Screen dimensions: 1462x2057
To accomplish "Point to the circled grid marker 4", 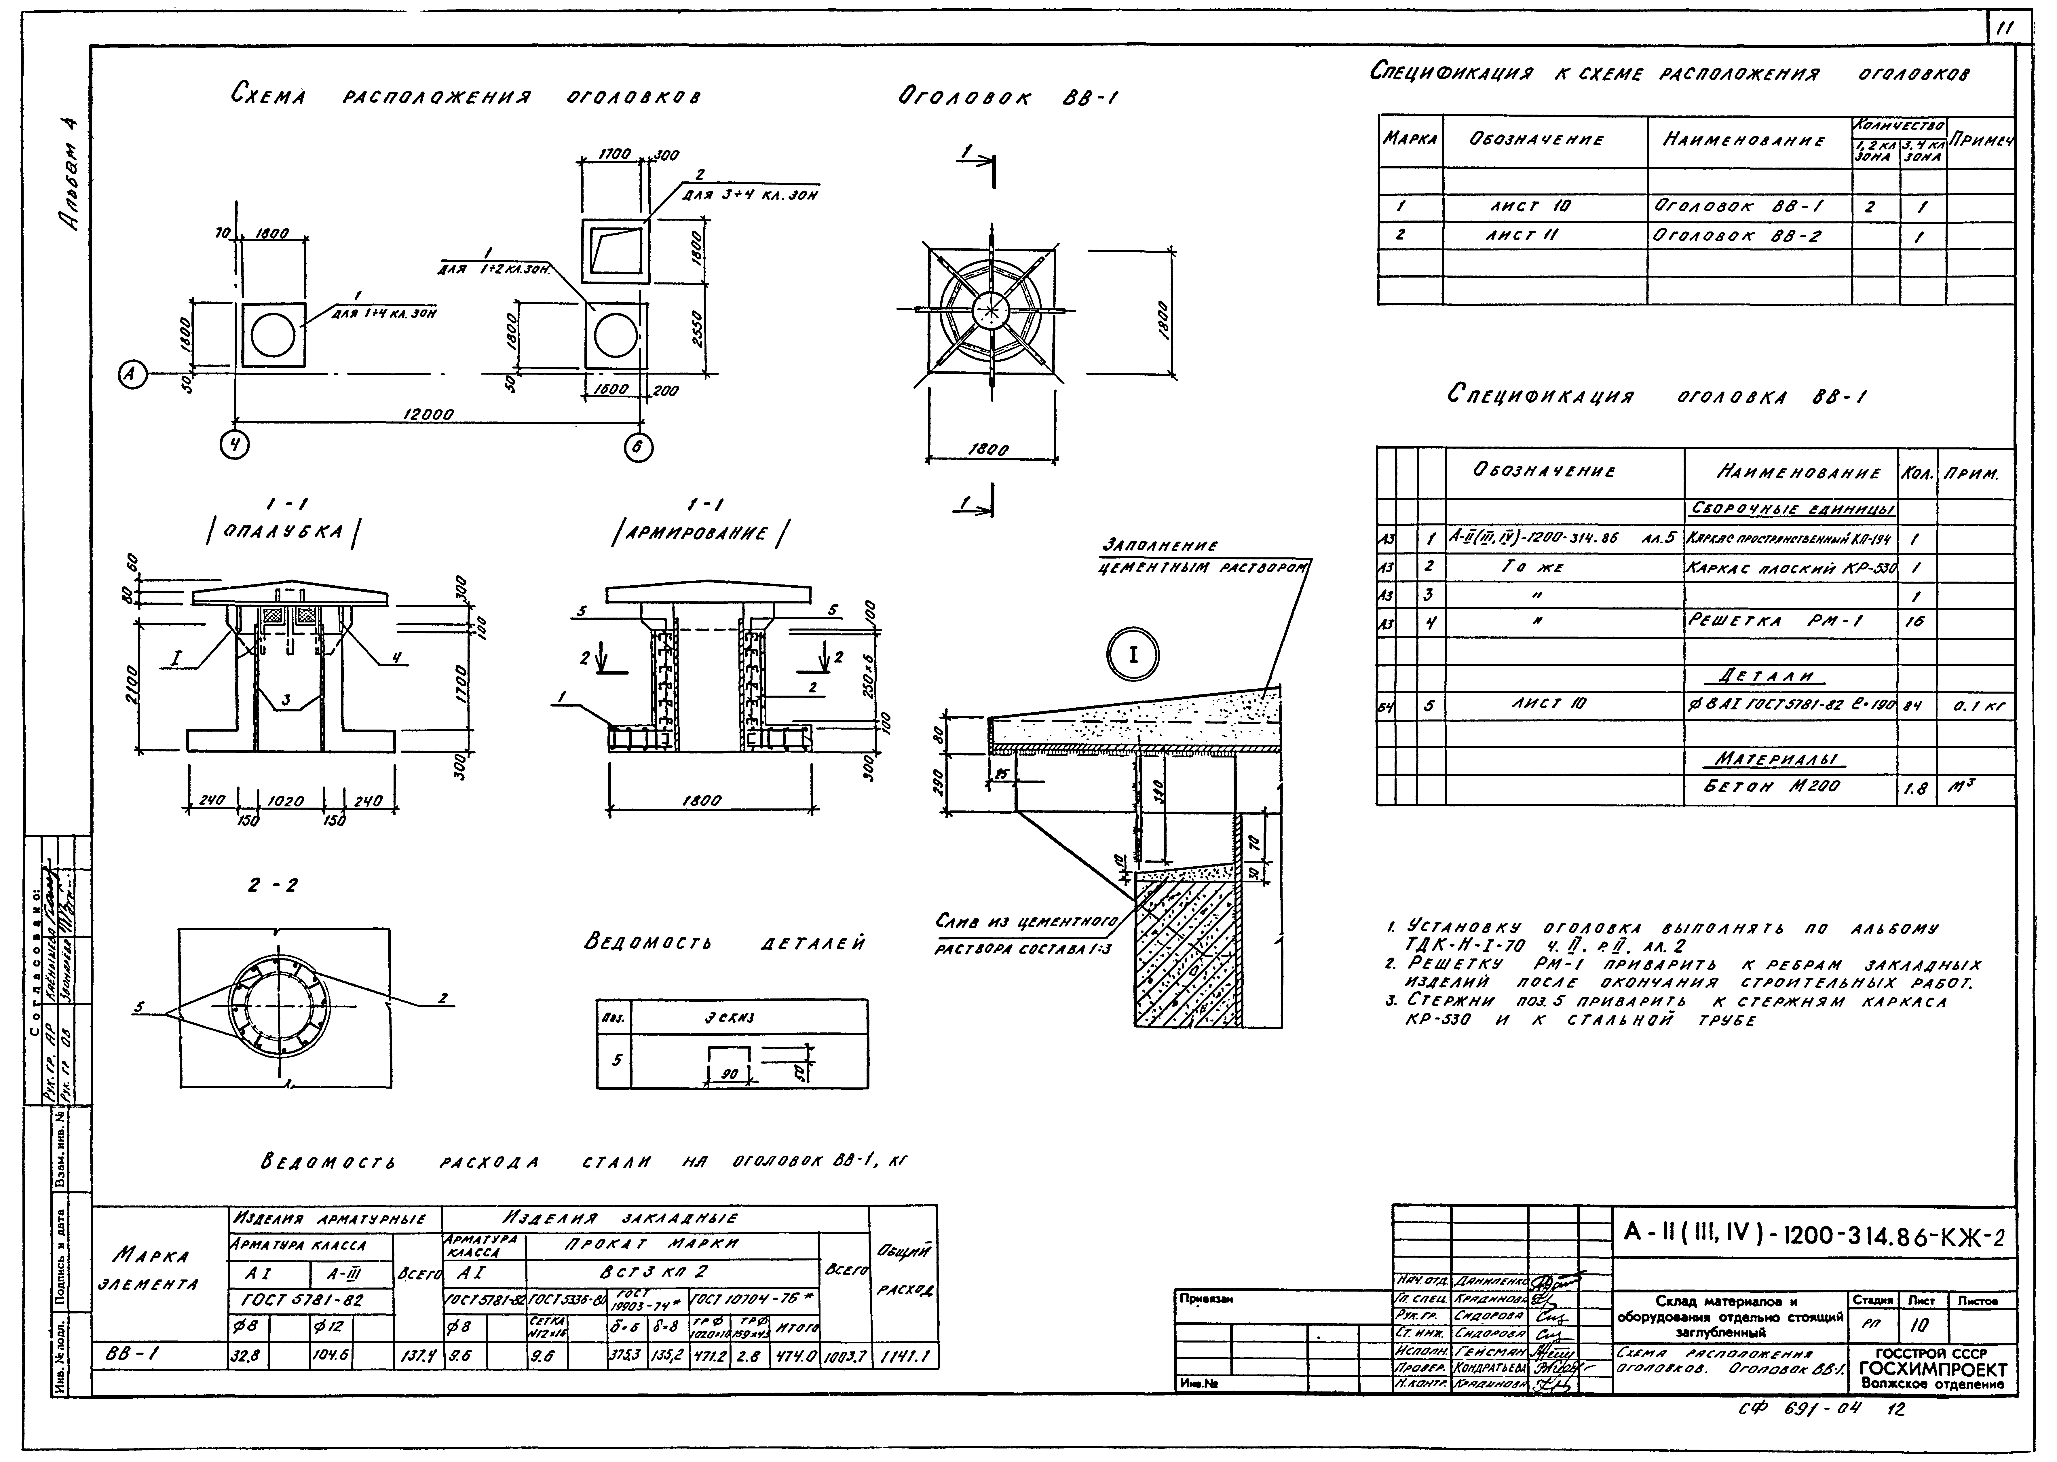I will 235,445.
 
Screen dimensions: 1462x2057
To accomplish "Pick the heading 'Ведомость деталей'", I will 725,943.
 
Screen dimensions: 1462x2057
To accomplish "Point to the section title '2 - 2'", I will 273,886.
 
